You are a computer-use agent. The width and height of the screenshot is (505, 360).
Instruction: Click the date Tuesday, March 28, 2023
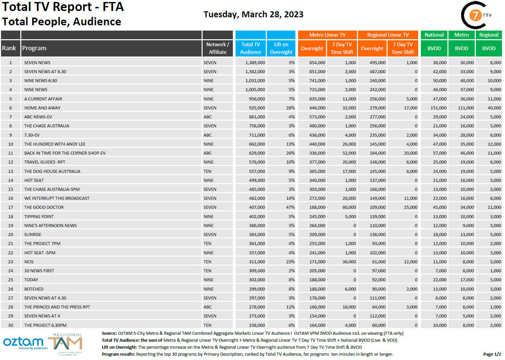(253, 14)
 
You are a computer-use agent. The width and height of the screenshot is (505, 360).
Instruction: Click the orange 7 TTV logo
(476, 15)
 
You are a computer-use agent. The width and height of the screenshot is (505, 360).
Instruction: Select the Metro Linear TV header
(327, 35)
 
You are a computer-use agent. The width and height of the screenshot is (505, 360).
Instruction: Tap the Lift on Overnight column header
(281, 48)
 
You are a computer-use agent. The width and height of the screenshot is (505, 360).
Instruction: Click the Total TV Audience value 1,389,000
(255, 62)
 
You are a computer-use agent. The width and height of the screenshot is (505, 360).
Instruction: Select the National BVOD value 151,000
(438, 108)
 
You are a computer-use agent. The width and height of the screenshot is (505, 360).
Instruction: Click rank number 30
(11, 325)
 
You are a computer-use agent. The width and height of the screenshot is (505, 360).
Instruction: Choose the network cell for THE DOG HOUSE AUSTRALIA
(208, 171)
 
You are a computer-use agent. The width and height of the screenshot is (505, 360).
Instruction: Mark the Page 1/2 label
(492, 354)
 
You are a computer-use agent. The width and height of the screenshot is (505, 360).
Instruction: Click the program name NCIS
(29, 262)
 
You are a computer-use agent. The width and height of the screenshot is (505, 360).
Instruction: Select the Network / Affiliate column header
(218, 48)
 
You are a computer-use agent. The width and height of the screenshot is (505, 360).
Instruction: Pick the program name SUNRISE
(33, 234)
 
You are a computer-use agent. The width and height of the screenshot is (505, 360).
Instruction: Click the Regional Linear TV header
(388, 35)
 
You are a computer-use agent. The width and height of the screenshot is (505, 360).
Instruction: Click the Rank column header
(9, 48)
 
